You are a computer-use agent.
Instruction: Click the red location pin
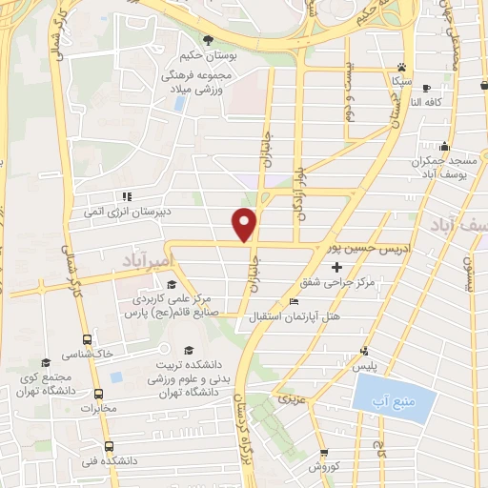(245, 224)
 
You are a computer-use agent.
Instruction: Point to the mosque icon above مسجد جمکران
(444, 147)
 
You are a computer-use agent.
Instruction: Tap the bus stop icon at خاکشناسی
(88, 339)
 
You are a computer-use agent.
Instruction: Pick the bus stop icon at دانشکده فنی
(108, 446)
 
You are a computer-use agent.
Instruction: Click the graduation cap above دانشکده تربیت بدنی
(189, 349)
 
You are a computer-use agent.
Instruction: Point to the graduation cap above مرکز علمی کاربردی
(171, 284)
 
